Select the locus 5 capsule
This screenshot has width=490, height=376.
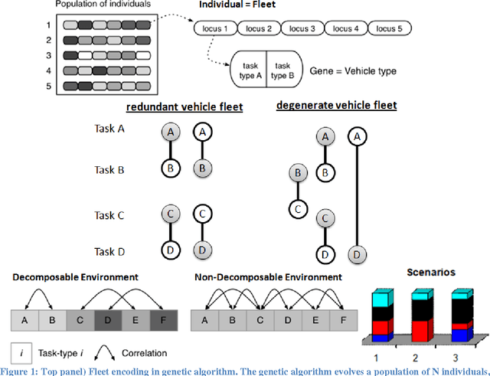[390, 29]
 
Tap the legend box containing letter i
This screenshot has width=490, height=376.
[22, 353]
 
